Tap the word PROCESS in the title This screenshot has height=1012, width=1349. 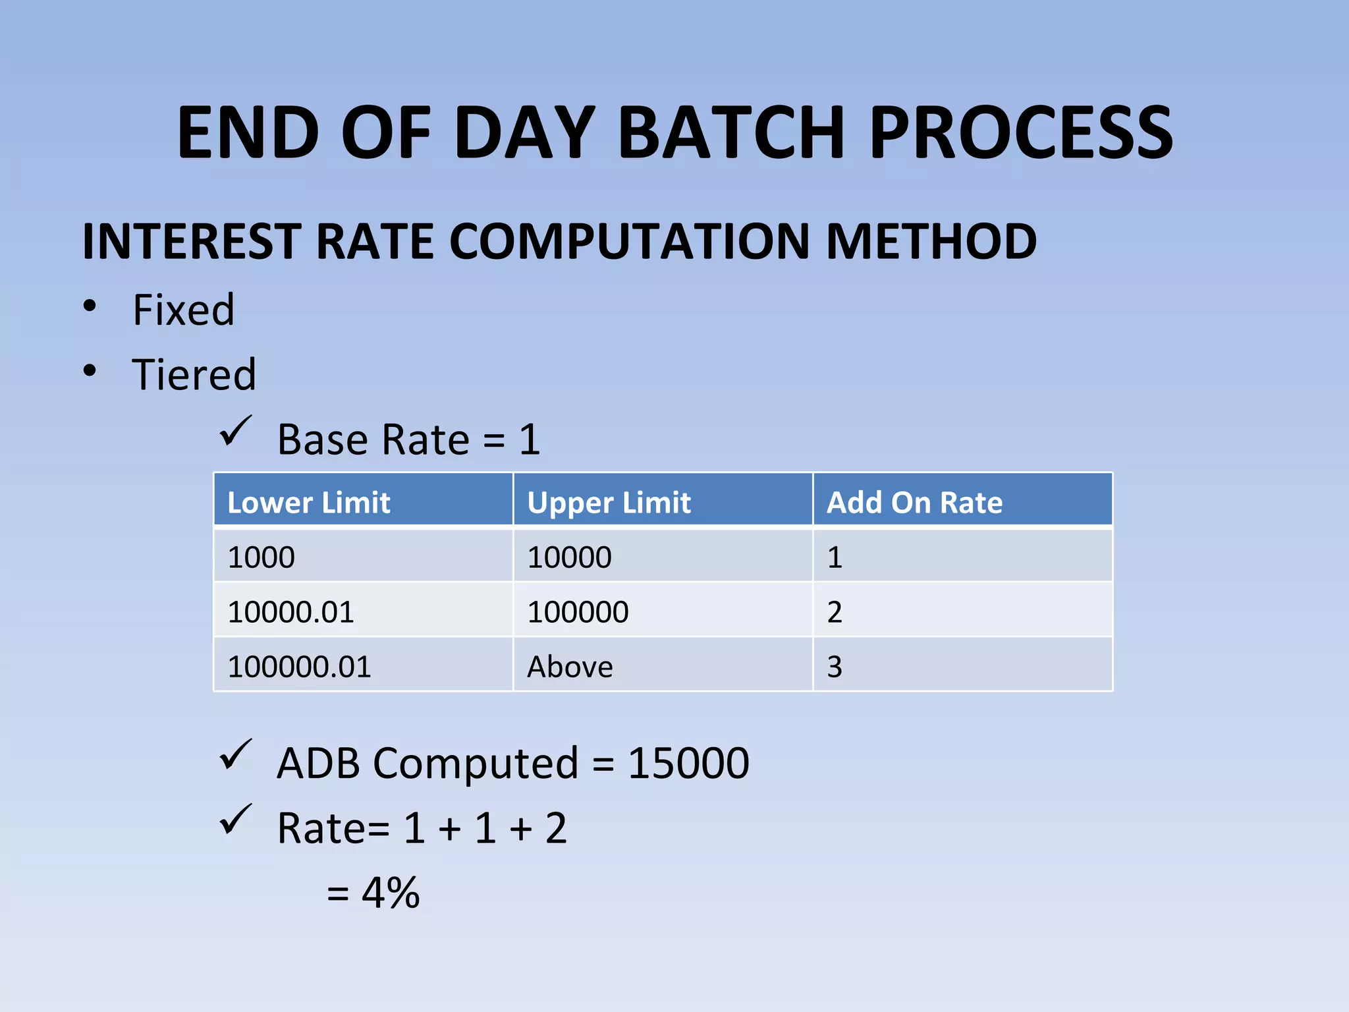[1021, 133]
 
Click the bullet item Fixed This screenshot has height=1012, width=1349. [183, 310]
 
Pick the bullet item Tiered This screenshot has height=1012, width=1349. [194, 374]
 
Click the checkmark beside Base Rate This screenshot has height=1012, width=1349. [235, 431]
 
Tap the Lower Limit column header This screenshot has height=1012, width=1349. [308, 503]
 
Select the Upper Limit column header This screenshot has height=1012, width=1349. [609, 503]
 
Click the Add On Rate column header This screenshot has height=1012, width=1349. [914, 503]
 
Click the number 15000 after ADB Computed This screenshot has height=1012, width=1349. [688, 764]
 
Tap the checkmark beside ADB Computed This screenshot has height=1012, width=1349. [235, 754]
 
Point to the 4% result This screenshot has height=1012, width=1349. [390, 893]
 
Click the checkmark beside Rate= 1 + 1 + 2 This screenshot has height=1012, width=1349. [235, 819]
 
